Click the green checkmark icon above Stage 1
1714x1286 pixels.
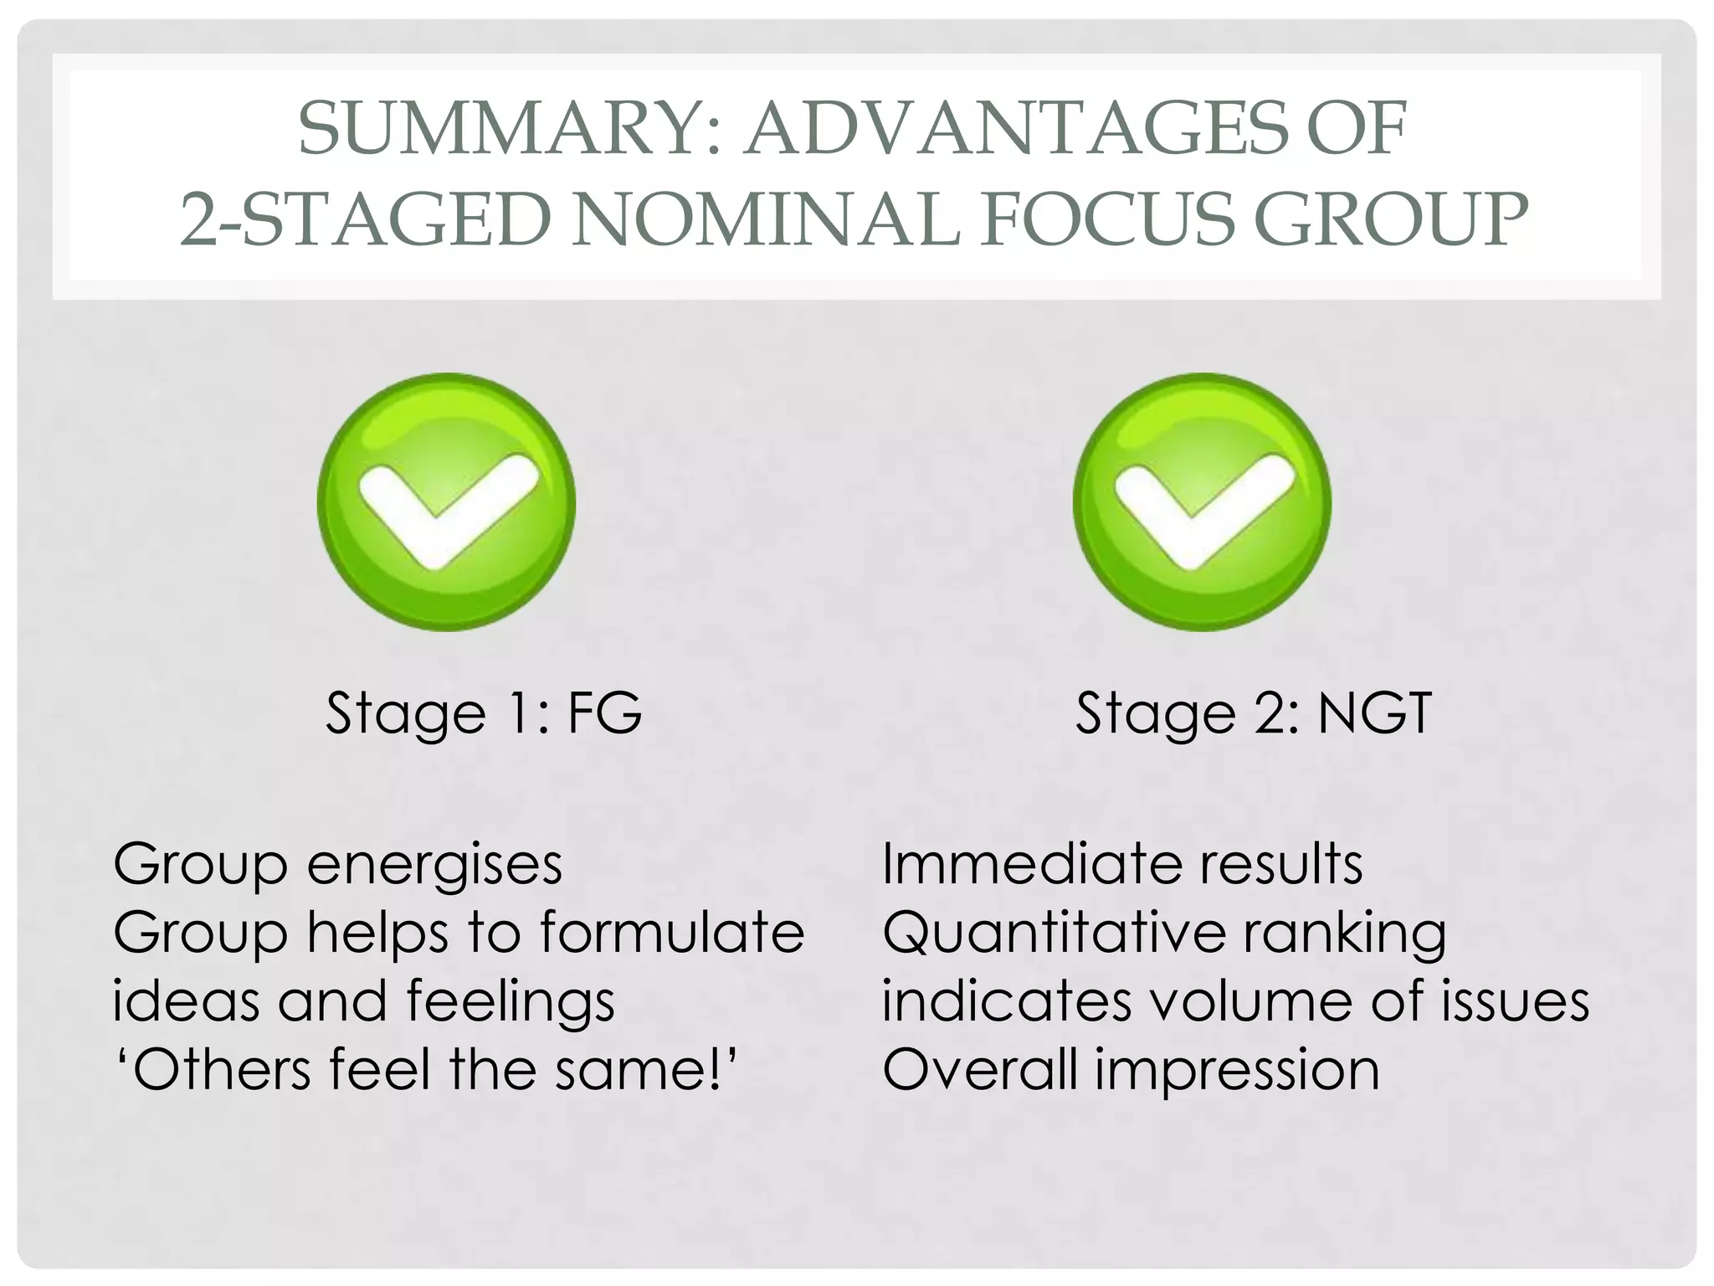coord(446,502)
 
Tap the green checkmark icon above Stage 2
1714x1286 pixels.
coord(1202,502)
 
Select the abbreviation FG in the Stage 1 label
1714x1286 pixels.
coord(604,713)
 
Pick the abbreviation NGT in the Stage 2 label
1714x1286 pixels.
coord(1374,713)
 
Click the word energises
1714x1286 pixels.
coord(434,864)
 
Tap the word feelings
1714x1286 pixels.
coord(511,1001)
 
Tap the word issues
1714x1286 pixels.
coord(1515,1001)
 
